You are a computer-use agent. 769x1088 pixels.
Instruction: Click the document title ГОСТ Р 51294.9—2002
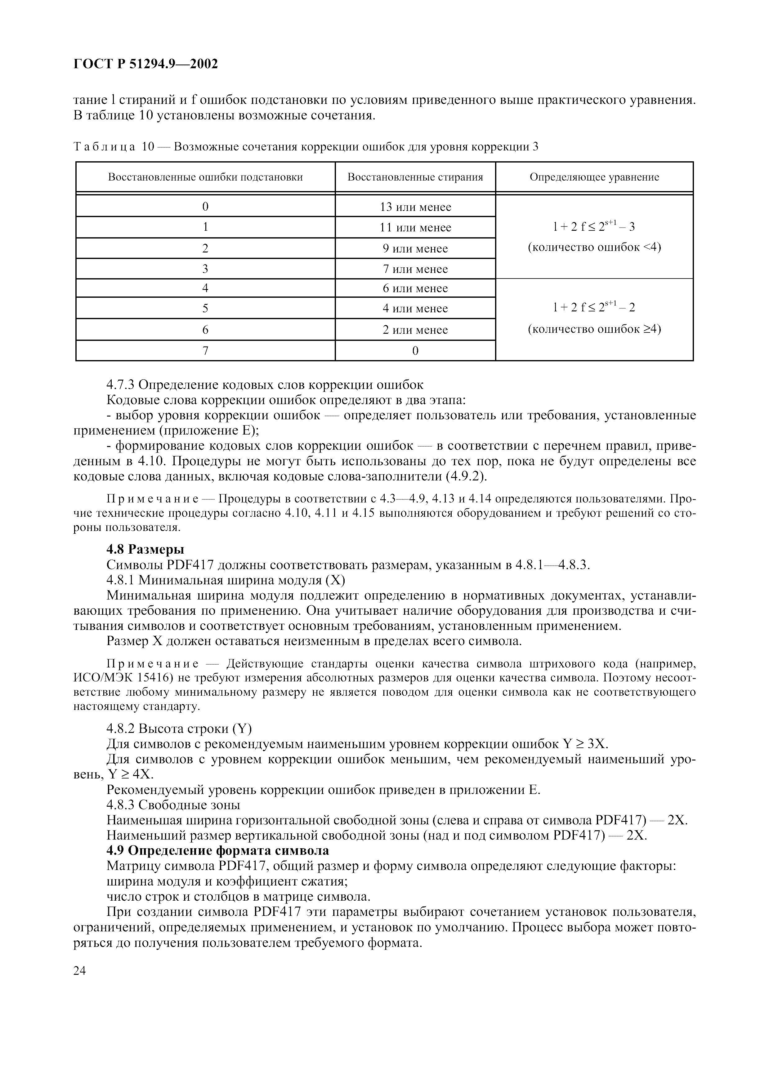(x=145, y=64)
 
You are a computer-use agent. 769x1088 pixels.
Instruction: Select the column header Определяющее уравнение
(x=594, y=177)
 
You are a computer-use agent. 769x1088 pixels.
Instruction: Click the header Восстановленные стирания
(x=415, y=177)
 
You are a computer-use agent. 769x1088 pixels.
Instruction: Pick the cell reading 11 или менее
(x=415, y=227)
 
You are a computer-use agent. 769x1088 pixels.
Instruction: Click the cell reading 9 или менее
(x=415, y=248)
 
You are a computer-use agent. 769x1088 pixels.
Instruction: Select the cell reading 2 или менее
(x=415, y=330)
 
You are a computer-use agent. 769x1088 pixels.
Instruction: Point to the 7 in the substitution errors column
(x=205, y=351)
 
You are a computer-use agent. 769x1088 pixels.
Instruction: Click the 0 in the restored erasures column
(x=415, y=351)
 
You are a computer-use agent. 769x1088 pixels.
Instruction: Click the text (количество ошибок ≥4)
(x=594, y=329)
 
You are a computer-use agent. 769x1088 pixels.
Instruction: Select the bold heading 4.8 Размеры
(x=145, y=549)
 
